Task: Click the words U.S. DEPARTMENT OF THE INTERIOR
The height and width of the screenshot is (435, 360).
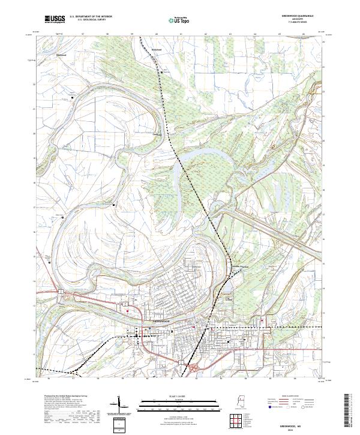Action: click(x=91, y=17)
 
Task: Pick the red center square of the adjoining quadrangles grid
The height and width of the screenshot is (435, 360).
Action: click(x=235, y=419)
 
